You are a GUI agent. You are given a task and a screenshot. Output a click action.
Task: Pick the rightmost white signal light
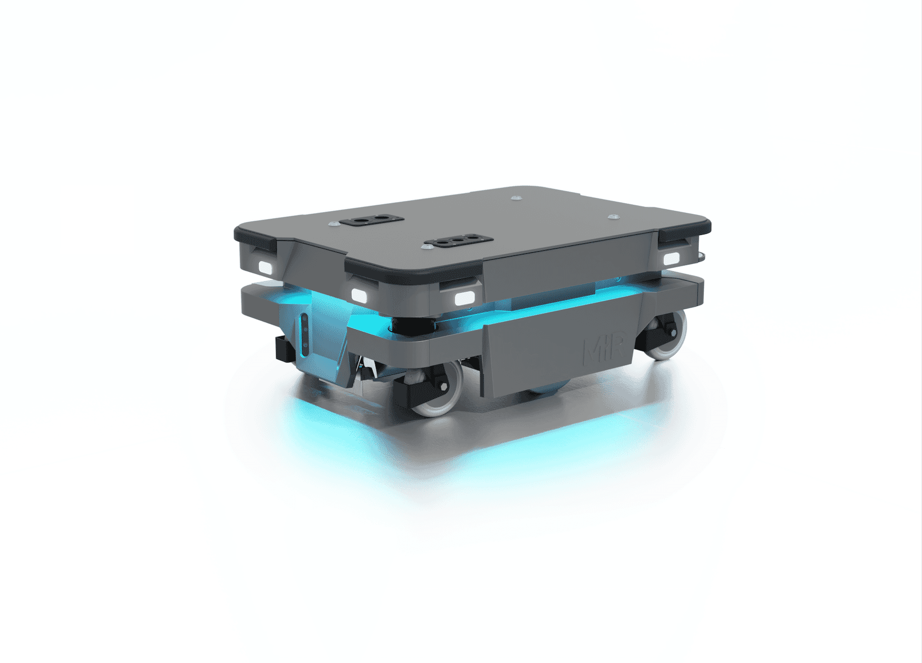pyautogui.click(x=672, y=259)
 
